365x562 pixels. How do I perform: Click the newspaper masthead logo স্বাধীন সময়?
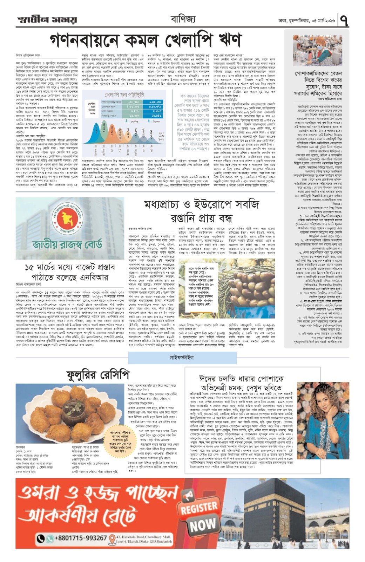(x=46, y=20)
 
